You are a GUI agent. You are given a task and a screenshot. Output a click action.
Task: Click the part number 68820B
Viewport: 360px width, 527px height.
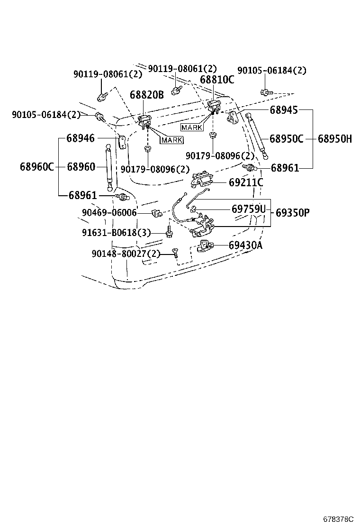(x=146, y=95)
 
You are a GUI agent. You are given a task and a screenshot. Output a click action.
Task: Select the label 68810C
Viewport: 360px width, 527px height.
(x=216, y=80)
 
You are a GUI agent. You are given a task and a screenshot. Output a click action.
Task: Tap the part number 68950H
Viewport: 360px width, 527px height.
(x=334, y=139)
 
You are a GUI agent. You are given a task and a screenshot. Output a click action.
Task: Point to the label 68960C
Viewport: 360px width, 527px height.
(x=37, y=166)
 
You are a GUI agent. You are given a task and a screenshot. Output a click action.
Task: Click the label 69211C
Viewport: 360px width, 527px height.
(x=246, y=182)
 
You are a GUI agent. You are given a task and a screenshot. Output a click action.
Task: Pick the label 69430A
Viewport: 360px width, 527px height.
(x=245, y=245)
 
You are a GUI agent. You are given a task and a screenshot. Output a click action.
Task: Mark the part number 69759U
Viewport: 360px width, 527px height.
(x=249, y=209)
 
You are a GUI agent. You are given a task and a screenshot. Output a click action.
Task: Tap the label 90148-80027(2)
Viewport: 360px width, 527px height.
(x=126, y=254)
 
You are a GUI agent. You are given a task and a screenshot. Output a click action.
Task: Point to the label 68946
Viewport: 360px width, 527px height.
(x=80, y=138)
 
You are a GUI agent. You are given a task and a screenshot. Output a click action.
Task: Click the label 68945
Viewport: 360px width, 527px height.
(x=283, y=110)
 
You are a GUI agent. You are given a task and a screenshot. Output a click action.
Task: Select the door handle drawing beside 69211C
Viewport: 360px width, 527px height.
(x=201, y=179)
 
